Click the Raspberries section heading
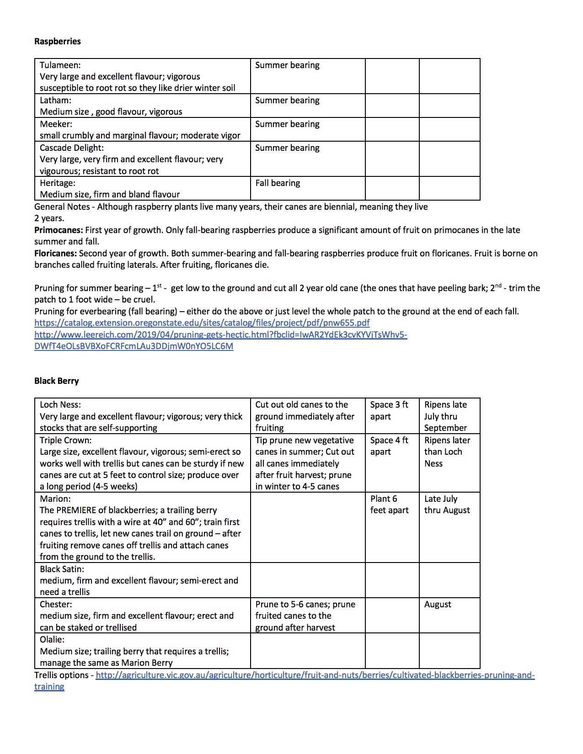click(57, 42)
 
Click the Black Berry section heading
click(56, 381)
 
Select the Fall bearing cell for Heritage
click(278, 183)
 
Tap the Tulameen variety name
click(60, 65)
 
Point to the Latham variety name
click(55, 101)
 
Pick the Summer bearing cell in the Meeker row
click(287, 124)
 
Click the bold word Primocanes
click(59, 230)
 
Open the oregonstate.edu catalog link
click(202, 323)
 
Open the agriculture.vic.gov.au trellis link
click(315, 675)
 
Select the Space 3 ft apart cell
click(389, 410)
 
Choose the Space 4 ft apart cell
click(389, 446)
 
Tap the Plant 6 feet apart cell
click(389, 504)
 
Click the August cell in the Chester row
click(438, 605)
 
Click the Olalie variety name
click(52, 640)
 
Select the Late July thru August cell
click(447, 504)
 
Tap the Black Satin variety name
click(62, 569)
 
